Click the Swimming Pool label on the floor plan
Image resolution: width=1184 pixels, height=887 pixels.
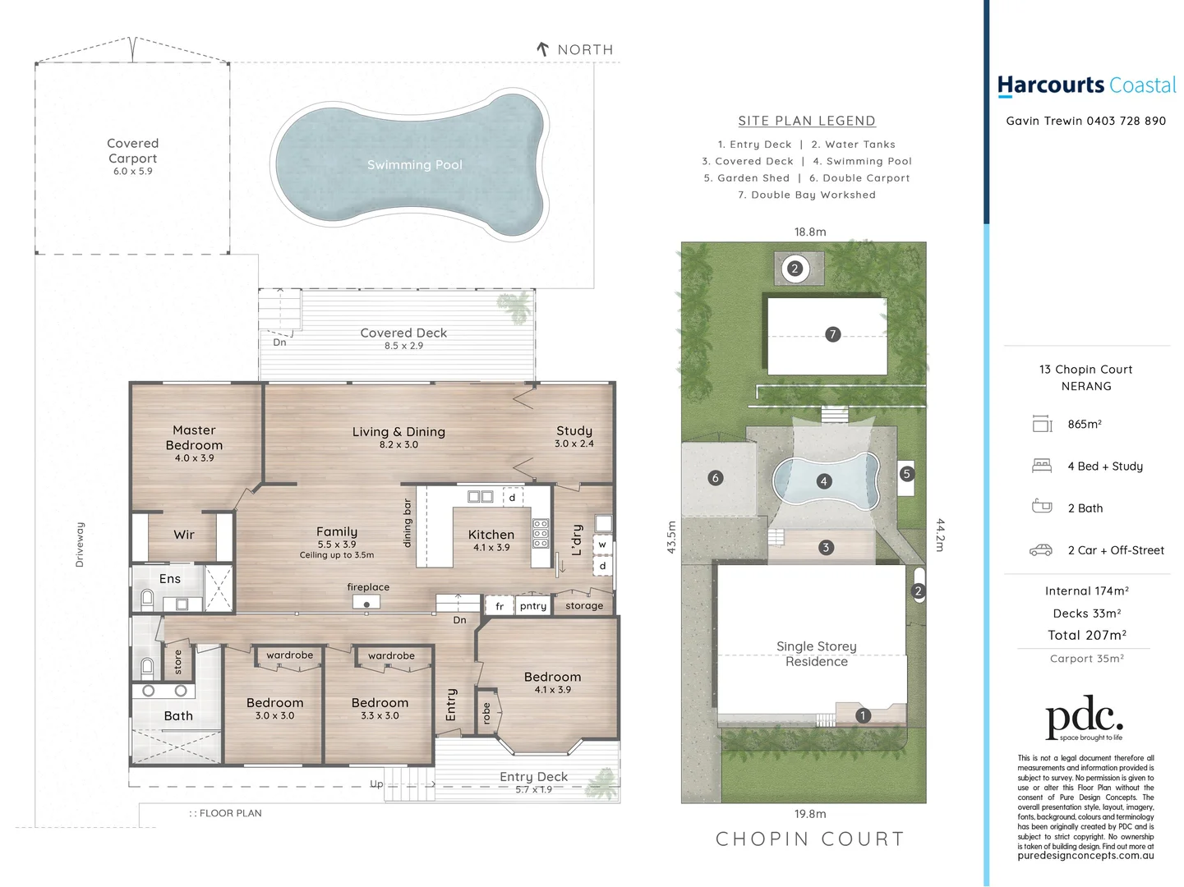point(414,165)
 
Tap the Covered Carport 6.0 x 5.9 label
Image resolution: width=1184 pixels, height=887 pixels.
point(132,156)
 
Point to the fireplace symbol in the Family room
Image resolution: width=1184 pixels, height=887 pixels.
point(366,603)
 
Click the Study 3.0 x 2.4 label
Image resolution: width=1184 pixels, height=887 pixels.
point(574,436)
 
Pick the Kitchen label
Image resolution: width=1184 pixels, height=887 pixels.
point(491,535)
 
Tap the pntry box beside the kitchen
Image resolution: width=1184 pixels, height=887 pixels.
point(532,606)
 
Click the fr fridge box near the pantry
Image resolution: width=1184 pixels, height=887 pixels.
point(500,606)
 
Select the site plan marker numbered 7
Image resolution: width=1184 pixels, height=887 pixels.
point(832,334)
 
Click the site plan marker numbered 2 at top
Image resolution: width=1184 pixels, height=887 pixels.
point(795,269)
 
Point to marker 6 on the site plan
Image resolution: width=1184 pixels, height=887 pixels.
point(716,478)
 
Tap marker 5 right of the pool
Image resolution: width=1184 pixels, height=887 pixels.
point(906,474)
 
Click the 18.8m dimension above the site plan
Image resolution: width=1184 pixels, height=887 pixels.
point(810,232)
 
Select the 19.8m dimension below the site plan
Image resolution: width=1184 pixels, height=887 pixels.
point(810,814)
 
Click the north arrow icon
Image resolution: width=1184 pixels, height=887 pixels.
point(542,49)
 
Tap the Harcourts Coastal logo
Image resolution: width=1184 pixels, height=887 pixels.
point(1086,85)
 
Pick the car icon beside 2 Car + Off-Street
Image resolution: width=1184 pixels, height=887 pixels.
point(1041,550)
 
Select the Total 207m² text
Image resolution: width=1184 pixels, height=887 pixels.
point(1086,635)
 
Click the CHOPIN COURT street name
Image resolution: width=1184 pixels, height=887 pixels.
point(810,839)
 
